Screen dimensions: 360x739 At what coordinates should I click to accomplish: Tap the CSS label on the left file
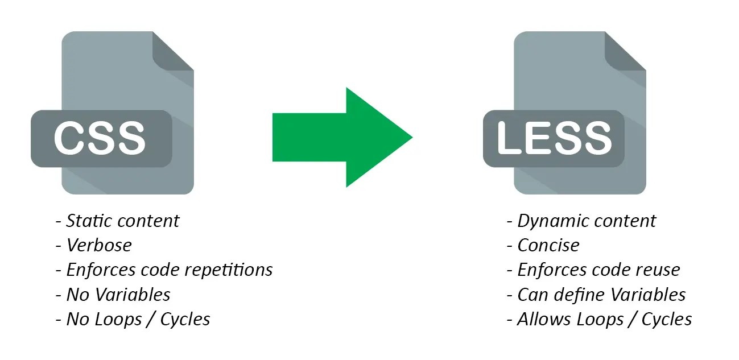[x=100, y=139]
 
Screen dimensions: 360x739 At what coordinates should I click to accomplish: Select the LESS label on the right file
[x=554, y=138]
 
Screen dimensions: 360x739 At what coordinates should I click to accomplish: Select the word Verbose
[x=99, y=245]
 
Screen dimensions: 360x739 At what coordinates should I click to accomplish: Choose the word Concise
[x=548, y=245]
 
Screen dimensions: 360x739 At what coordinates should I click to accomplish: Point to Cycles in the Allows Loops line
[x=667, y=319]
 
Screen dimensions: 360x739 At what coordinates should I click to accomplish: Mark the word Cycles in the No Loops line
[x=185, y=319]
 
